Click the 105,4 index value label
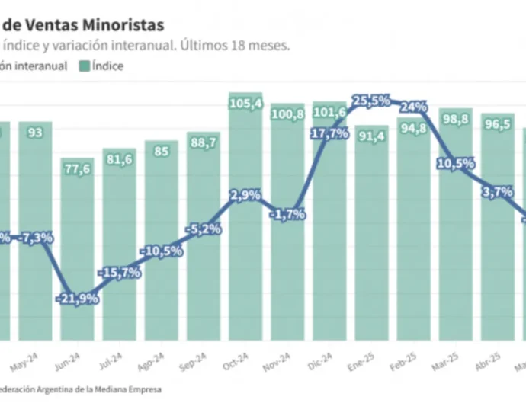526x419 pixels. (246, 103)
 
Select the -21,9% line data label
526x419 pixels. (78, 298)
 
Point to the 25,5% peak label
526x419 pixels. (371, 100)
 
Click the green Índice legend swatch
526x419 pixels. (85, 66)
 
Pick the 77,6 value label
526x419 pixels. (78, 169)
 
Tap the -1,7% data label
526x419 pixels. (288, 214)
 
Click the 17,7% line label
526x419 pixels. (329, 133)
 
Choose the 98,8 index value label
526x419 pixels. (455, 119)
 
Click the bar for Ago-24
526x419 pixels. (162, 240)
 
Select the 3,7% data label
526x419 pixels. (498, 192)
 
